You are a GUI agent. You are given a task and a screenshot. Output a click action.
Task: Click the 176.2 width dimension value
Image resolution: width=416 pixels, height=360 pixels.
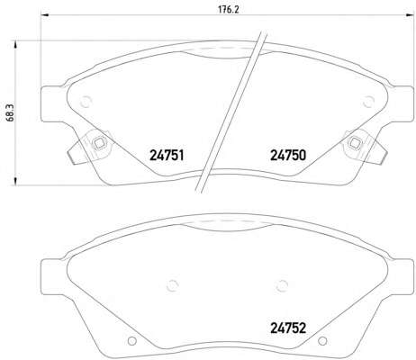228,9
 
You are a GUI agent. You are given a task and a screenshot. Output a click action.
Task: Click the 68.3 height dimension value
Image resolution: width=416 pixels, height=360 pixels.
10,112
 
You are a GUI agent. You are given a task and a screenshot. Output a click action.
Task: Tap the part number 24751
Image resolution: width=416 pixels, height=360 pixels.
167,156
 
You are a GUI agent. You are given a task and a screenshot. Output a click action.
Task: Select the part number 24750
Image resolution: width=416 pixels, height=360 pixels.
288,156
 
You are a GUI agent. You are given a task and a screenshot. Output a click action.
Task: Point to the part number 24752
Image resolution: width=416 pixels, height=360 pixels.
288,328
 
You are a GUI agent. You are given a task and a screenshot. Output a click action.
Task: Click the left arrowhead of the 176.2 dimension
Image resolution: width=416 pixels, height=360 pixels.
44,14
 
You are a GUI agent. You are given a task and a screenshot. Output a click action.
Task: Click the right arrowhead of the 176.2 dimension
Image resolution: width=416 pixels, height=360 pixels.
410,14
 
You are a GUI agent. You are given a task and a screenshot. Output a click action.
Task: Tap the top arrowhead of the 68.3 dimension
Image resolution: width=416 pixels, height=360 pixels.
14,45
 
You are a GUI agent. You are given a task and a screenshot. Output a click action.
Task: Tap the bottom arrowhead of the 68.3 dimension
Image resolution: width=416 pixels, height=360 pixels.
14,181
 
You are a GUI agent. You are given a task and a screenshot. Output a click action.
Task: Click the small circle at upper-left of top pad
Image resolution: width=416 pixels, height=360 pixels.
86,102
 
